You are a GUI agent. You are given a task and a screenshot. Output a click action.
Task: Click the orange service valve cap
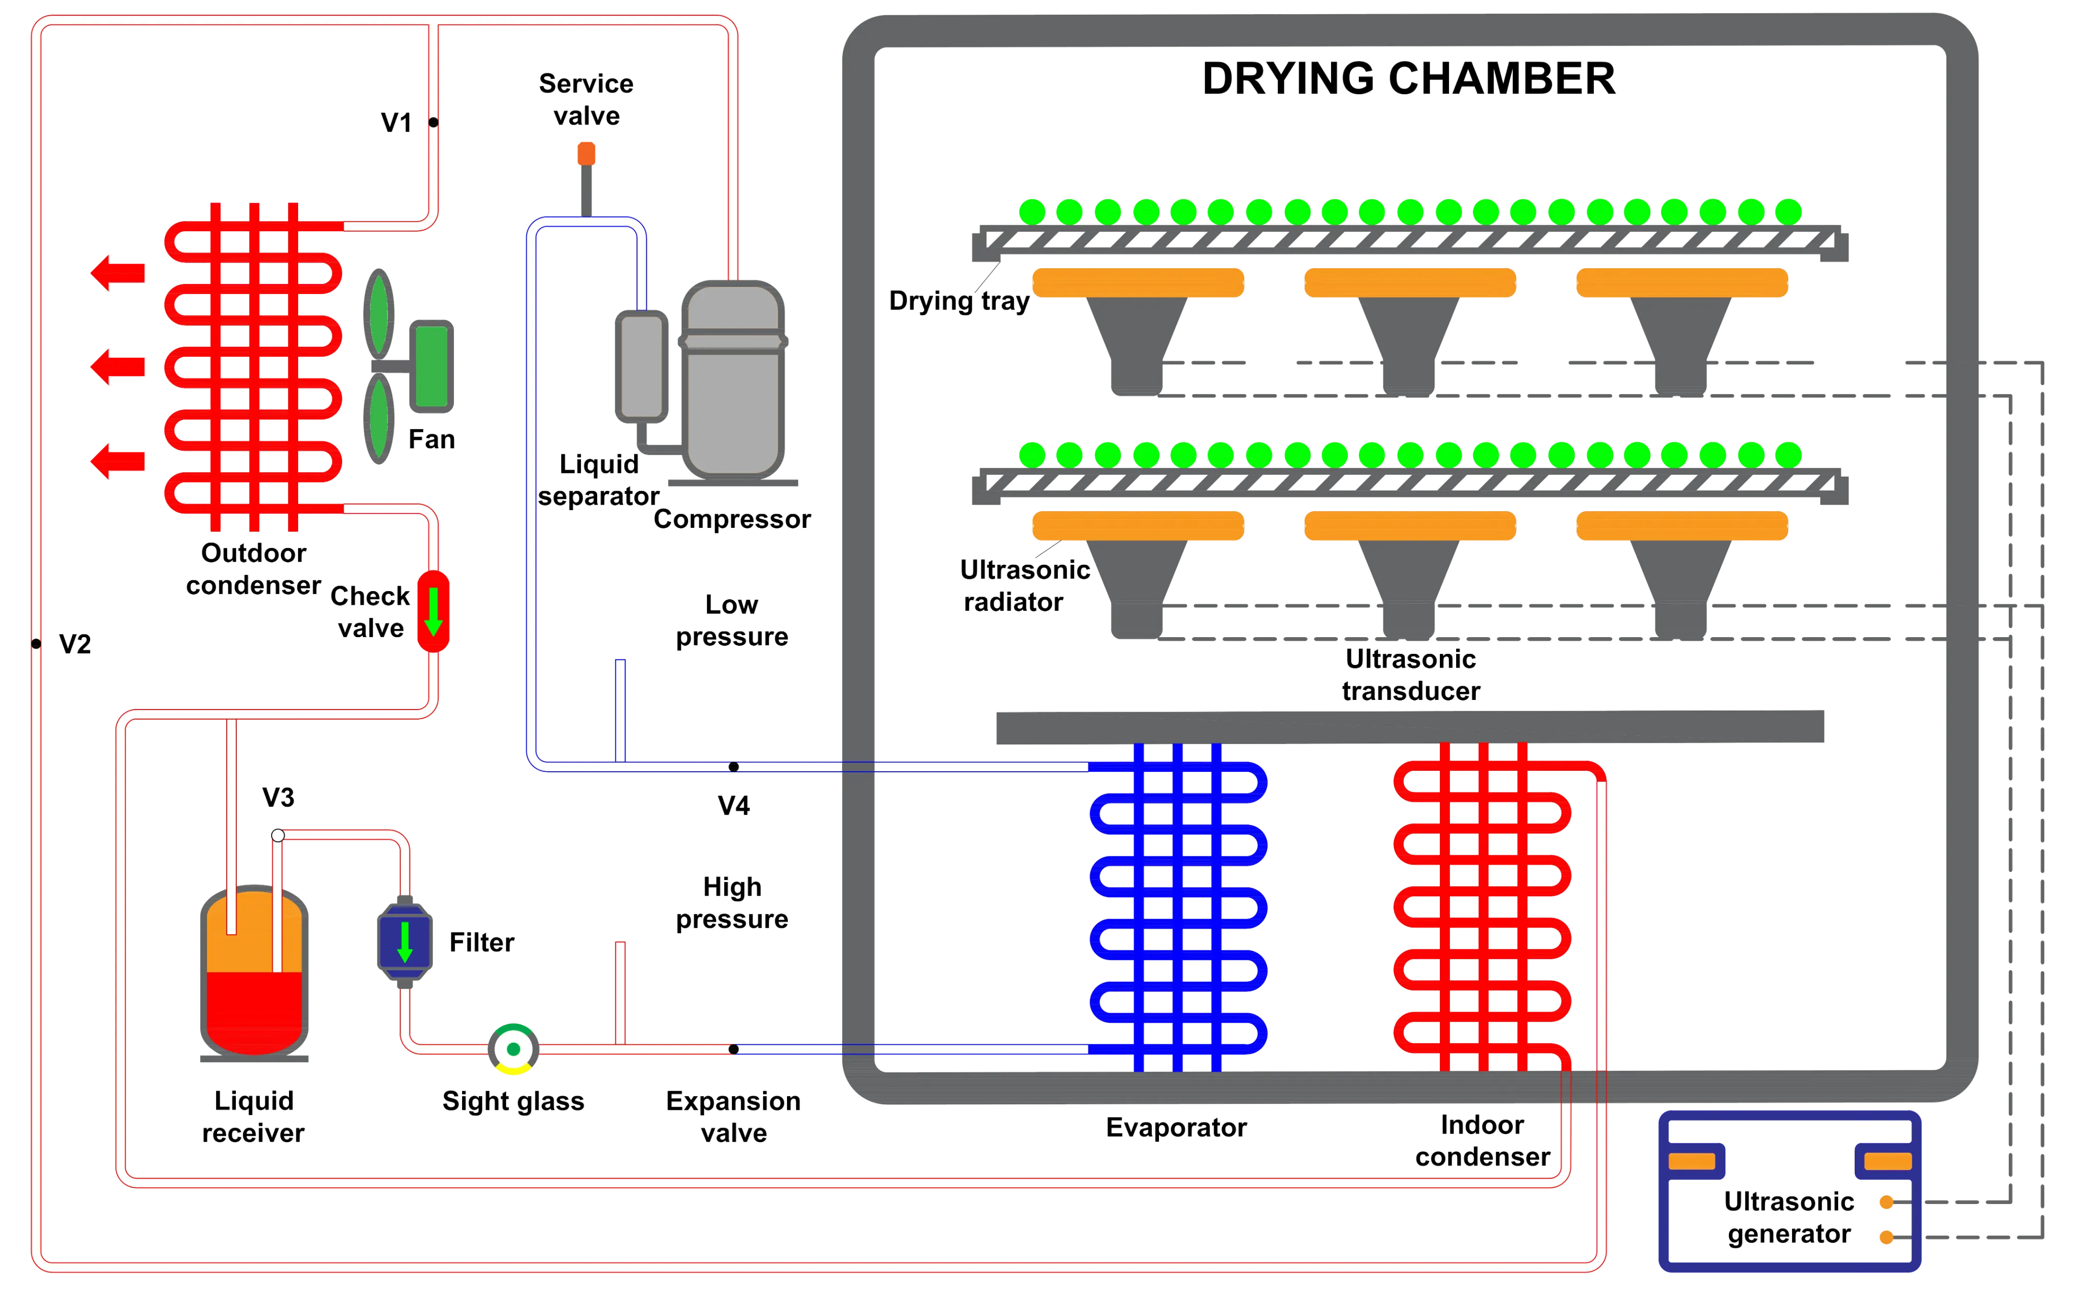(x=586, y=154)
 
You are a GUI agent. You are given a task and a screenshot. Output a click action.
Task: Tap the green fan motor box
(x=432, y=366)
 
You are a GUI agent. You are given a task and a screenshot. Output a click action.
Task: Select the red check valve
(x=433, y=611)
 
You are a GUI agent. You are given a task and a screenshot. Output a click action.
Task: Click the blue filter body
(x=405, y=942)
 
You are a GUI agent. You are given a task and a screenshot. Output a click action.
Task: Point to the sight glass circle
(x=514, y=1049)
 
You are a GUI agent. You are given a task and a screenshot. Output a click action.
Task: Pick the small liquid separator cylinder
(x=641, y=366)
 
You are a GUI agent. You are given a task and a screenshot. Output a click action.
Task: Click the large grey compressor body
(x=733, y=380)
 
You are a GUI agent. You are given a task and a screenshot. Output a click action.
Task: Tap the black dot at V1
(x=433, y=122)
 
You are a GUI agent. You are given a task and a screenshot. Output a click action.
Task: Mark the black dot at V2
(x=36, y=643)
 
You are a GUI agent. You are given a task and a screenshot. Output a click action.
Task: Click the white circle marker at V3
(x=278, y=835)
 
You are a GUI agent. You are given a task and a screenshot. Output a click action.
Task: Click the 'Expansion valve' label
(x=733, y=1117)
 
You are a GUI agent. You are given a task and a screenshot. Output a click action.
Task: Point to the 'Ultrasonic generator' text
(x=1789, y=1217)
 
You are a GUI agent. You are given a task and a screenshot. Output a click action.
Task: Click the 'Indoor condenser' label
(x=1482, y=1140)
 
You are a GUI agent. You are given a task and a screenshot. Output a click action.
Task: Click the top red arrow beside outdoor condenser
(x=118, y=273)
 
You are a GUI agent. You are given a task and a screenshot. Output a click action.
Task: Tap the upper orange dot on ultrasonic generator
(x=1887, y=1202)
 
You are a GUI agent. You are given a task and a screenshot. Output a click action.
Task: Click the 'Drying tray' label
(x=959, y=301)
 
